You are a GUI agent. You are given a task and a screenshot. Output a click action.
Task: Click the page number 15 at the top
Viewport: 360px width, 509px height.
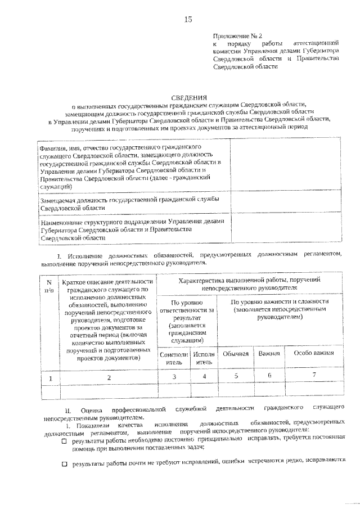[188, 21]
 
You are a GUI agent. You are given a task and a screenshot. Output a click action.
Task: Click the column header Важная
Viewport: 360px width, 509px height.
[269, 353]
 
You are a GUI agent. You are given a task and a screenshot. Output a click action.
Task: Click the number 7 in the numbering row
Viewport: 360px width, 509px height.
[314, 375]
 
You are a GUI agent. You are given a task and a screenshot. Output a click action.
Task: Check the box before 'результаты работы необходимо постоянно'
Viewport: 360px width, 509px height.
[64, 442]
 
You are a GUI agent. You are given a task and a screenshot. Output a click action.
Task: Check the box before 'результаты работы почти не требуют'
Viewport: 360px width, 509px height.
[64, 464]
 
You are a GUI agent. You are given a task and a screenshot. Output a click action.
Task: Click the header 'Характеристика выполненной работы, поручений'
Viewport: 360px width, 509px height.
[249, 283]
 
